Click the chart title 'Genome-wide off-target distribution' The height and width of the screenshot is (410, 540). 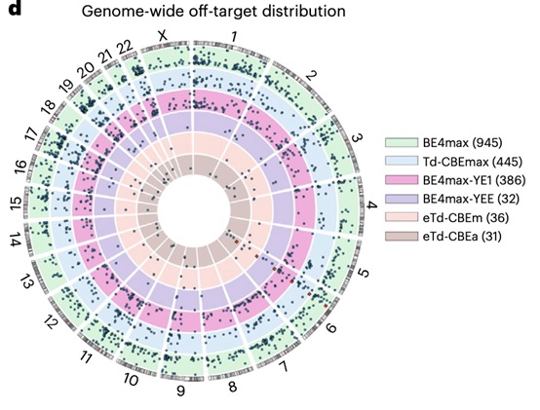[x=213, y=12]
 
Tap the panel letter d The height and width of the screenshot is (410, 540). [x=15, y=8]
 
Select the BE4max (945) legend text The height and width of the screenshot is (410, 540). [x=463, y=143]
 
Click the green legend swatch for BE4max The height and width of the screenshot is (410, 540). [x=402, y=143]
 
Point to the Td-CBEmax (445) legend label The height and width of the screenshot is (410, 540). [x=473, y=162]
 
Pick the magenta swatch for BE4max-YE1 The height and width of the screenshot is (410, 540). [x=402, y=180]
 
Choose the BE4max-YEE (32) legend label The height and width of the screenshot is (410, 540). [x=471, y=199]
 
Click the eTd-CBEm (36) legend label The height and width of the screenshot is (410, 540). [x=466, y=218]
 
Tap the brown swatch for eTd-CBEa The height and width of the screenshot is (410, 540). [x=402, y=237]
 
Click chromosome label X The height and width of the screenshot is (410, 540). [x=162, y=35]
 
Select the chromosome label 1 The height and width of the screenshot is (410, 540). [x=235, y=36]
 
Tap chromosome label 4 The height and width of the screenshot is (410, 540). [x=372, y=205]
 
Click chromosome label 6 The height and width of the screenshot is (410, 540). [x=330, y=328]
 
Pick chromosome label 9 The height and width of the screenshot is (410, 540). [x=180, y=391]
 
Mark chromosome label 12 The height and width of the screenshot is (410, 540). [x=50, y=322]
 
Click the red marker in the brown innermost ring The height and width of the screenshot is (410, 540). [x=237, y=242]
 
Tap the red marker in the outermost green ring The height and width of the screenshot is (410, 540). [x=326, y=306]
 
